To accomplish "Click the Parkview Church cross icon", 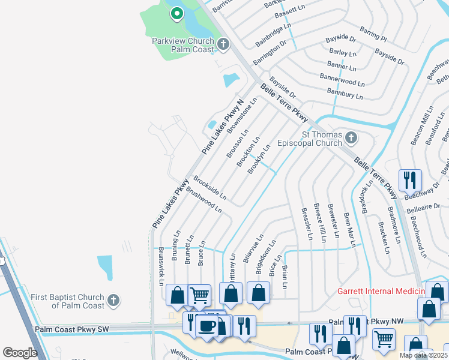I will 223,43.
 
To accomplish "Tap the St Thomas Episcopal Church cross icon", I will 351,139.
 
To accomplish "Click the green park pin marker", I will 176,13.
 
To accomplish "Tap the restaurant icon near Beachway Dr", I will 410,179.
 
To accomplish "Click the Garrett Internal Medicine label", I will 381,291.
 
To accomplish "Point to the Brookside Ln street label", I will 209,188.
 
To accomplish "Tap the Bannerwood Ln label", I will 342,80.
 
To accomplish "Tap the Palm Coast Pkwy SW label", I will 71,329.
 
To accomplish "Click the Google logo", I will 19,353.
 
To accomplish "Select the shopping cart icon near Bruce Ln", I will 199,295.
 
